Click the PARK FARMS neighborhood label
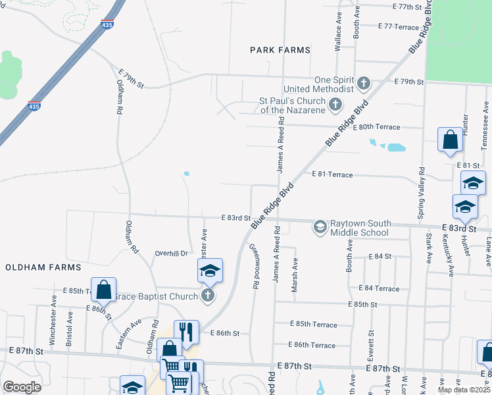click(x=280, y=49)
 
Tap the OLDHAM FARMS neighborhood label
click(x=43, y=267)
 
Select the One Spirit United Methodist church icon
click(x=363, y=84)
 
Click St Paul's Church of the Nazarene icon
click(x=335, y=104)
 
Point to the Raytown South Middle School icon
click(x=320, y=227)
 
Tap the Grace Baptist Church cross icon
click(x=208, y=296)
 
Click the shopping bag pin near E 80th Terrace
click(x=450, y=140)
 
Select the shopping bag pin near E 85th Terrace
click(x=104, y=289)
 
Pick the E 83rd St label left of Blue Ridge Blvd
click(x=236, y=218)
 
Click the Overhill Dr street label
click(x=171, y=253)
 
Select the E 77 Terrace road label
click(x=399, y=27)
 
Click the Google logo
click(x=22, y=386)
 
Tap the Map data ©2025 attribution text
click(x=463, y=390)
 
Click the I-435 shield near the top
click(x=107, y=24)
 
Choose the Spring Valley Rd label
click(x=422, y=184)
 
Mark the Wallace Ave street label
click(x=338, y=37)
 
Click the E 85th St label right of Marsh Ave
click(x=364, y=305)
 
